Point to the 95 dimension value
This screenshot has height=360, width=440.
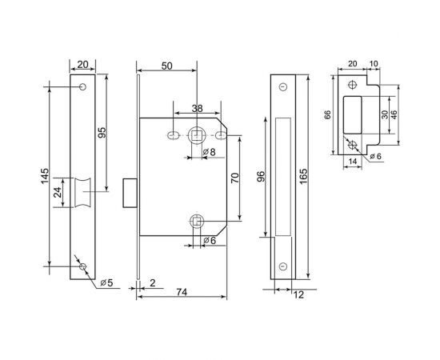click(102, 132)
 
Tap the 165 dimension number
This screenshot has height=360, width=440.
click(306, 175)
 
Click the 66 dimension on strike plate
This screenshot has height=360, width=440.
click(327, 114)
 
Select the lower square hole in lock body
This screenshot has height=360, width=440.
click(196, 221)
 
